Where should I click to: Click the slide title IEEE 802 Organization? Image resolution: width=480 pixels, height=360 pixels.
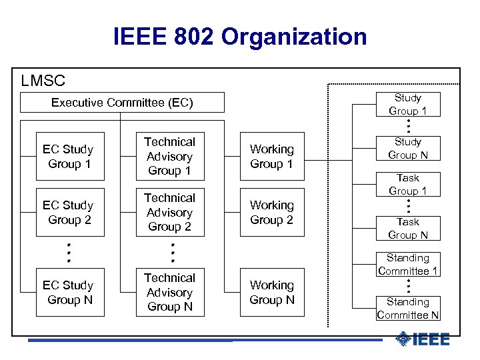click(x=240, y=37)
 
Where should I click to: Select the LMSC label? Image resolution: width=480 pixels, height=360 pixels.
click(x=43, y=81)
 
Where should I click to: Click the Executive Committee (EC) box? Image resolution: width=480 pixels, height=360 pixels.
click(x=122, y=103)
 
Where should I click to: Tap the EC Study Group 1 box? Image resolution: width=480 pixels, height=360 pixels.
click(x=68, y=157)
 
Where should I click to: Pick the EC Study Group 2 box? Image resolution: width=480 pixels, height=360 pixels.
click(x=68, y=213)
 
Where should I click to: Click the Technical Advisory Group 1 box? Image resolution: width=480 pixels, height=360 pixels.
click(x=169, y=157)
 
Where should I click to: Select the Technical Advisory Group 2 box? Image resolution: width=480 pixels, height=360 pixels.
click(x=169, y=213)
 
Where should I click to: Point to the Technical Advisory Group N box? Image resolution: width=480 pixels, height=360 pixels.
click(x=169, y=293)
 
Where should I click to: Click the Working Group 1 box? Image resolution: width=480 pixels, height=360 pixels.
click(x=271, y=157)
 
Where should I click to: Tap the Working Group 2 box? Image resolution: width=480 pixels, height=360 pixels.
click(x=271, y=213)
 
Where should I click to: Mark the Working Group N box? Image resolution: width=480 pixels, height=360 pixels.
click(x=271, y=293)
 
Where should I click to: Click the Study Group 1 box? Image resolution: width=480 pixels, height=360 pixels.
click(x=407, y=105)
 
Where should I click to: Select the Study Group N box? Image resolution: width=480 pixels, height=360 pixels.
click(x=407, y=149)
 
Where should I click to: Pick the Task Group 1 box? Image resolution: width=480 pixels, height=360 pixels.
click(x=407, y=184)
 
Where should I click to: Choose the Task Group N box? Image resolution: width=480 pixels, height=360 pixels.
click(x=407, y=228)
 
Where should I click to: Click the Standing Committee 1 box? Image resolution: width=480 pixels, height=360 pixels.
click(x=407, y=264)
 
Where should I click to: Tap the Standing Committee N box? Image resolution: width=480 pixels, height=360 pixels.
click(x=407, y=308)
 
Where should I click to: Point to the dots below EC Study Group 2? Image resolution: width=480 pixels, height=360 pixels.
click(x=69, y=252)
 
